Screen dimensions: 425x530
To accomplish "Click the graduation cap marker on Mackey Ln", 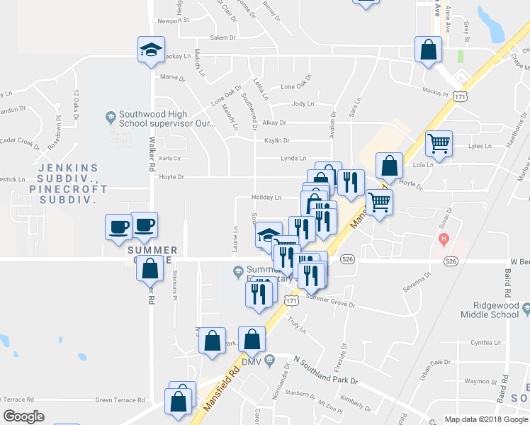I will (150, 50).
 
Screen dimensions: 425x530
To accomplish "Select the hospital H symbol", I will (444, 239).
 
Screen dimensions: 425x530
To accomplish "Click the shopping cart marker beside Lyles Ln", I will (439, 143).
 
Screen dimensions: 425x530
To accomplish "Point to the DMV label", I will (252, 361).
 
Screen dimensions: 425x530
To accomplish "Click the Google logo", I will (23, 416).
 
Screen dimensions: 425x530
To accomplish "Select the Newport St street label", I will (174, 21).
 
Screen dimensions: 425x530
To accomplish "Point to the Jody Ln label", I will (303, 103).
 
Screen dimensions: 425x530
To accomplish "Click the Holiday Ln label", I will (266, 198).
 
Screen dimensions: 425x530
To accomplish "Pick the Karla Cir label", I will (171, 159).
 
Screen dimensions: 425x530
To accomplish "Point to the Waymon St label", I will (479, 382).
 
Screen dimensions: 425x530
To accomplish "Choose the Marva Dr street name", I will (172, 76).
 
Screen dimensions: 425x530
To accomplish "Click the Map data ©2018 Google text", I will (485, 419).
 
